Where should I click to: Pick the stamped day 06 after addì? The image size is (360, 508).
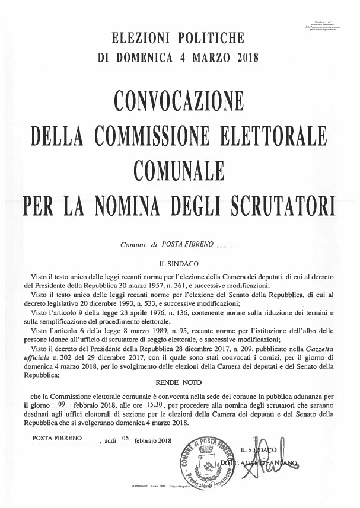pyautogui.click(x=125, y=439)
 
